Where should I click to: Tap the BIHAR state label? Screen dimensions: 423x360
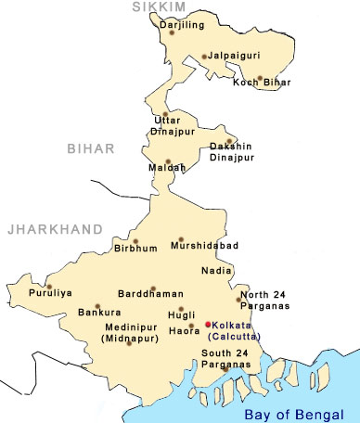91,147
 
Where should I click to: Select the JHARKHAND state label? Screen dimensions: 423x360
43,226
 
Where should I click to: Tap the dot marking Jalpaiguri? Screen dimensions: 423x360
204,57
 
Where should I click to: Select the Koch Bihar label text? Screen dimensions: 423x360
262,83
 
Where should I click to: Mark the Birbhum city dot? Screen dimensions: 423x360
109,241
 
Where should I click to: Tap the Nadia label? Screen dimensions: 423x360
215,271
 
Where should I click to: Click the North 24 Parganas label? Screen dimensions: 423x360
264,300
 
